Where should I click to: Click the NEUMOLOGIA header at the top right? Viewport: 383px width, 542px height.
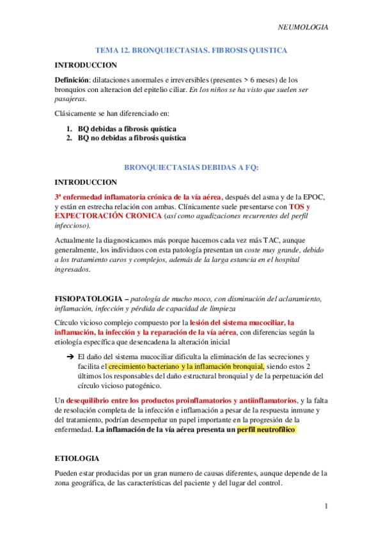(x=304, y=27)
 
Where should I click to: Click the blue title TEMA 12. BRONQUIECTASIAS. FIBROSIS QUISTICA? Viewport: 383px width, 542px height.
(x=191, y=50)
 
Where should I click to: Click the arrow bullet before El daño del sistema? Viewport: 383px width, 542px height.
(x=71, y=357)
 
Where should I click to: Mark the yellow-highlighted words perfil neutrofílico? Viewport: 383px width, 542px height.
(x=266, y=431)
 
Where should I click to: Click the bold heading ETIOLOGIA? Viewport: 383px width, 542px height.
(x=77, y=459)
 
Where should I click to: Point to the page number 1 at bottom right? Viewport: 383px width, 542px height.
(x=326, y=507)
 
